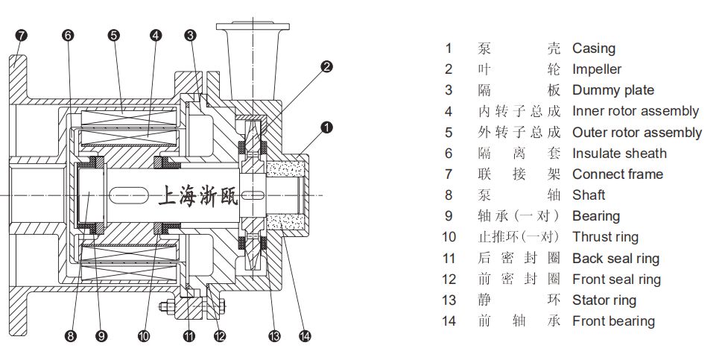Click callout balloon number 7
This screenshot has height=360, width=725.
21,35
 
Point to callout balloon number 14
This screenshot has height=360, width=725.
305,337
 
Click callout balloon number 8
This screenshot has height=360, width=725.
71,337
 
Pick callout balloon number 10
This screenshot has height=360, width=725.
144,337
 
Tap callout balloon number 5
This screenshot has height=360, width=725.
113,35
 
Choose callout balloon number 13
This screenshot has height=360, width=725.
274,337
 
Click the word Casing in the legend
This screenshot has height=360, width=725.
593,48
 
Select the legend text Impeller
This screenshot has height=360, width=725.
596,69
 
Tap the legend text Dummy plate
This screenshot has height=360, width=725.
612,90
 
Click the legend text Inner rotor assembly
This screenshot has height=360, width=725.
635,111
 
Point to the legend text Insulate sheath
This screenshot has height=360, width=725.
618,154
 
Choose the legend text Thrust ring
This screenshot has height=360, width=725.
605,237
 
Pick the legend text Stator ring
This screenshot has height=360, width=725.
604,300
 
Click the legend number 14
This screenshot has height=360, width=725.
448,321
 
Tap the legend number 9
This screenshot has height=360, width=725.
448,216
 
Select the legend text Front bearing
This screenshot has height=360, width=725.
613,321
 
